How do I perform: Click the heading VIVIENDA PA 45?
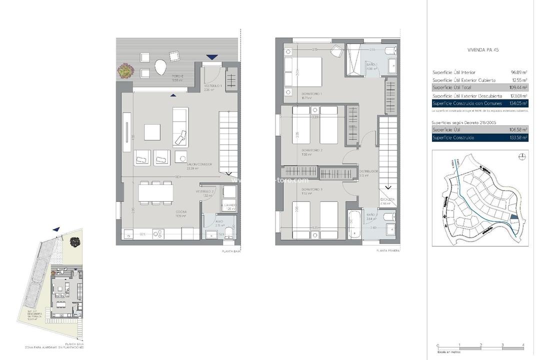(482, 50)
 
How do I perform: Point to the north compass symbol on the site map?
(522, 157)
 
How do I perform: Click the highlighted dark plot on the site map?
(515, 217)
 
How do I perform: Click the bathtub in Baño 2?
(354, 225)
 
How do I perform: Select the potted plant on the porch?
(125, 70)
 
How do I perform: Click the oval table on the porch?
(160, 66)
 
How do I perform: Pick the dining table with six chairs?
(156, 192)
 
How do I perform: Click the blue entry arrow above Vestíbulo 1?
(212, 57)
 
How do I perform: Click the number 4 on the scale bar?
(523, 345)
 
